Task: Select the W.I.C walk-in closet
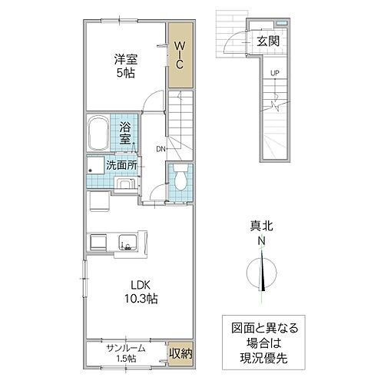tap(178, 55)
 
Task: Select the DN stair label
tap(161, 149)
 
